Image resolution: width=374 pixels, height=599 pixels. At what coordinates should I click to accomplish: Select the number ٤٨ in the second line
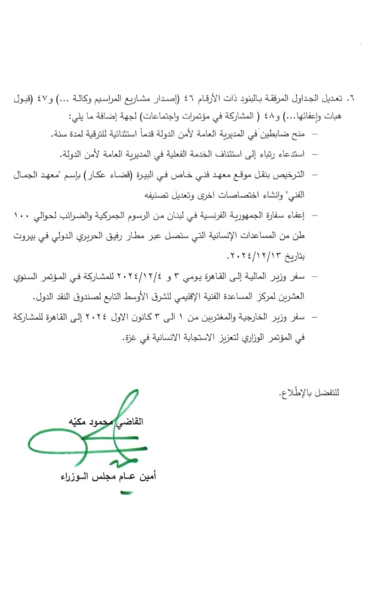click(x=268, y=113)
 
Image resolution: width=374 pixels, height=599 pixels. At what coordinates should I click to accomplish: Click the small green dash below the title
click(x=126, y=493)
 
